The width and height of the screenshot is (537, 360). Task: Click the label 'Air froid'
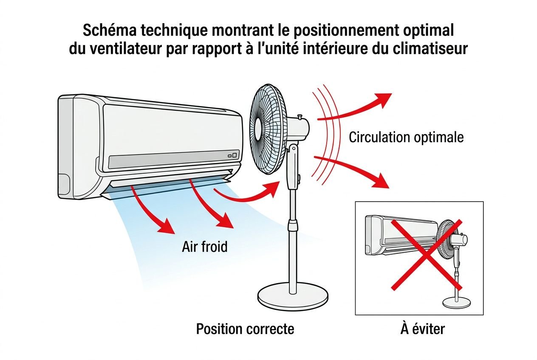pyautogui.click(x=205, y=246)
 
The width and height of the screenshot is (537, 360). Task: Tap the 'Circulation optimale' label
pyautogui.click(x=406, y=138)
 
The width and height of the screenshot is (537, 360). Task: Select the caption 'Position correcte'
pyautogui.click(x=245, y=329)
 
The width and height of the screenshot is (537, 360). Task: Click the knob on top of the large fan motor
pyautogui.click(x=300, y=115)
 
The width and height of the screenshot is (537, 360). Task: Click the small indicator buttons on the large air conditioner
pyautogui.click(x=232, y=155)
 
